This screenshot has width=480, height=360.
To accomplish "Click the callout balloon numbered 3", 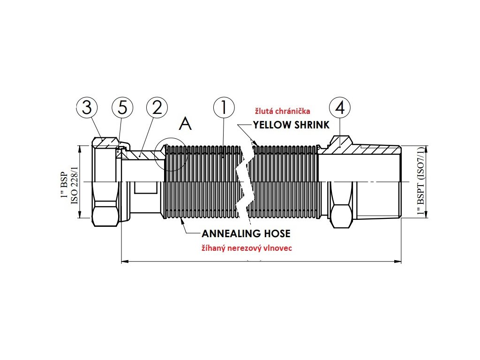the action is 87,107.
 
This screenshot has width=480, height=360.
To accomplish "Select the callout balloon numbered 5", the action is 122,107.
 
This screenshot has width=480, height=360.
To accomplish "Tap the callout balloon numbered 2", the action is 157,107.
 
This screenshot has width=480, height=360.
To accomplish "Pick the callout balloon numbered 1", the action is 224,107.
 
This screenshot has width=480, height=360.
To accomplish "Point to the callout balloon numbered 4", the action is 340,107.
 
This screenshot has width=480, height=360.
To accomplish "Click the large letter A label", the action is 186,124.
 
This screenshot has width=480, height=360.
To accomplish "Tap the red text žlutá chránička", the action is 282,111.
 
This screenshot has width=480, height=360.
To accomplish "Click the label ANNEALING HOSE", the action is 246,233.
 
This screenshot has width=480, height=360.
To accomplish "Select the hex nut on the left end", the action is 104,183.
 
